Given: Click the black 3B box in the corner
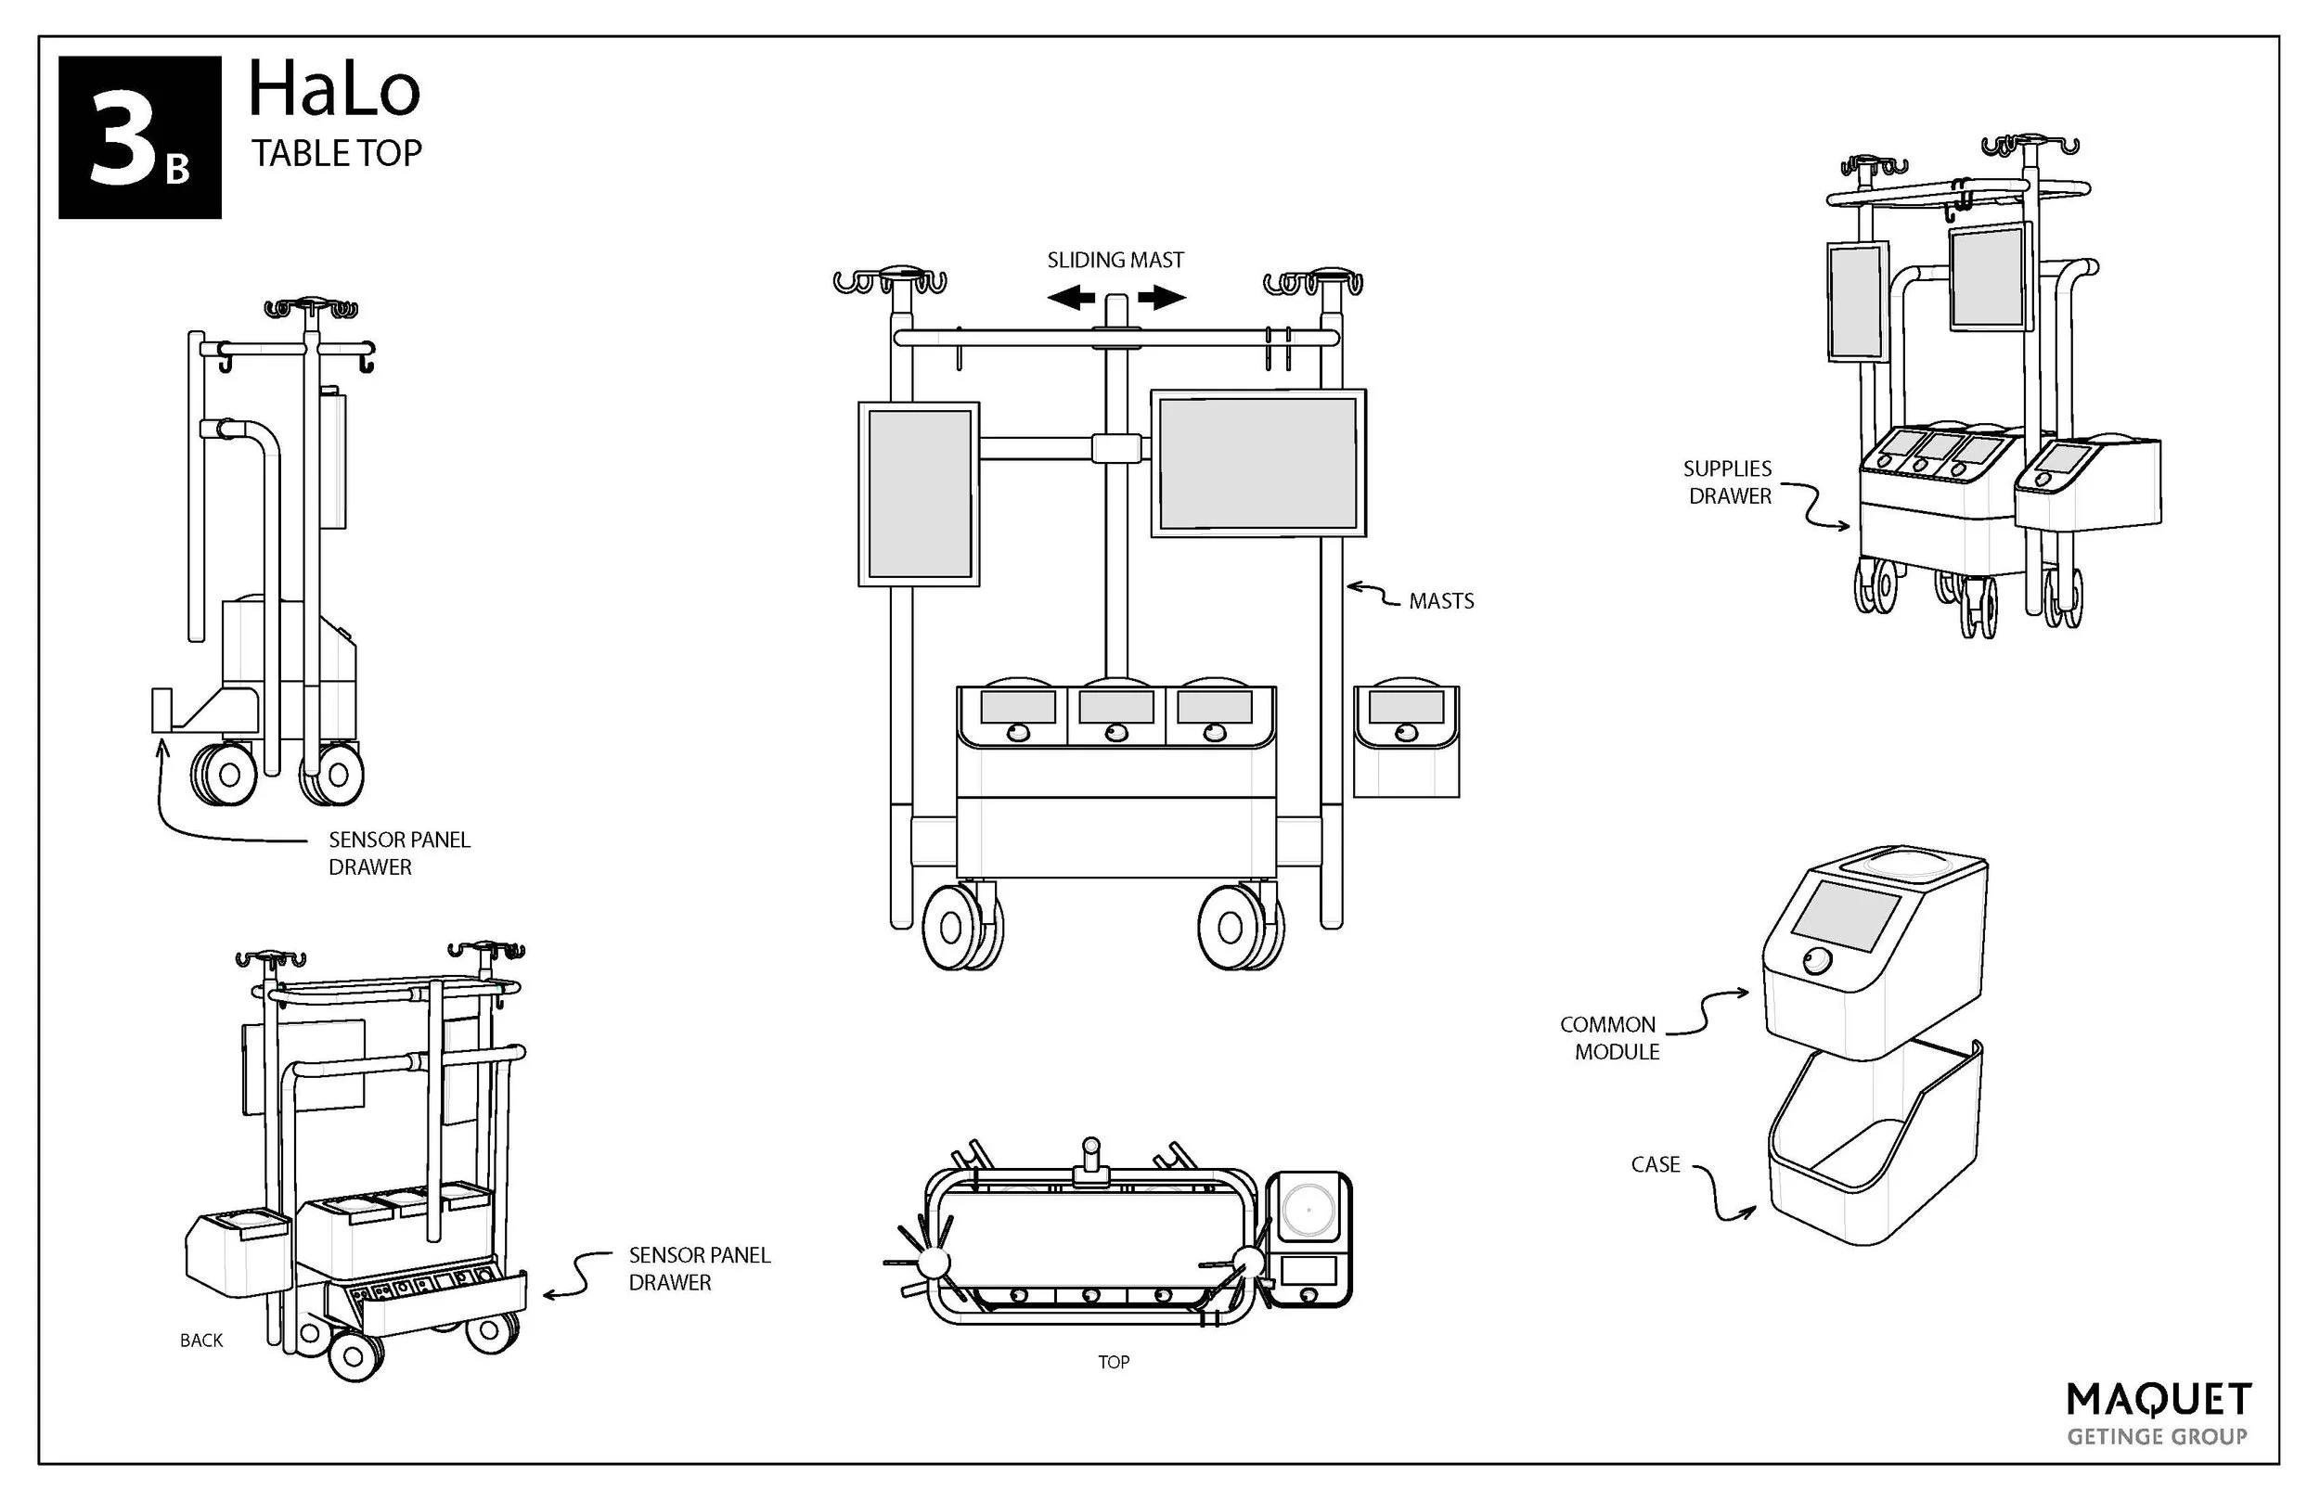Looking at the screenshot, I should click(139, 137).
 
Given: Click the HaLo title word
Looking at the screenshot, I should click(333, 90).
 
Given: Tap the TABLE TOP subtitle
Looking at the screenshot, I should click(336, 153).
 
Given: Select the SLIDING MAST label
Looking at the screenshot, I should click(1115, 261).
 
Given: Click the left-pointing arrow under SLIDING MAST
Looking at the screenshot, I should click(1071, 297).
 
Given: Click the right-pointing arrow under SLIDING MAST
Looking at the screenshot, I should click(1161, 297).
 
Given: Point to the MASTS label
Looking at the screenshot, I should click(1441, 601).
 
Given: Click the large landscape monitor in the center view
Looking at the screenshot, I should click(1257, 463).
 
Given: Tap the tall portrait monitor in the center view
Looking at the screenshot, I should click(918, 494).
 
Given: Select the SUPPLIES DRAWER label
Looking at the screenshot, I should click(1728, 482).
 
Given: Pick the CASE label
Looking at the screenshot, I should click(1656, 1165).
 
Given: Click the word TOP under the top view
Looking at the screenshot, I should click(1114, 1363).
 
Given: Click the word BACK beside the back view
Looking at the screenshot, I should click(200, 1341).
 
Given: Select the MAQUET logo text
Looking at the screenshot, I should click(2159, 1401).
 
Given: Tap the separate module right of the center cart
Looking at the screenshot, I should click(1406, 740).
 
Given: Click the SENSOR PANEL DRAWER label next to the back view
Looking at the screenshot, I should click(699, 1269).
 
